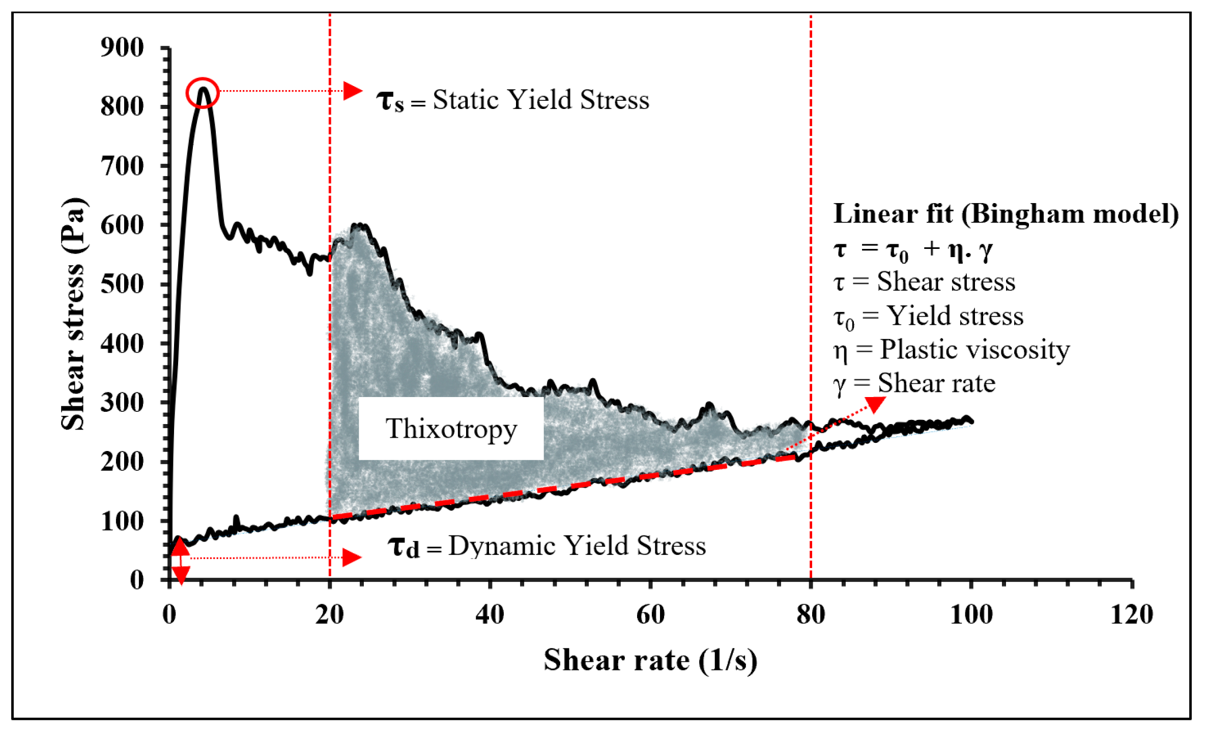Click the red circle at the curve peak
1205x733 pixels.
pyautogui.click(x=203, y=93)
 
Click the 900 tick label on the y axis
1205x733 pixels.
pyautogui.click(x=122, y=48)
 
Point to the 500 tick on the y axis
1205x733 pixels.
pyautogui.click(x=122, y=284)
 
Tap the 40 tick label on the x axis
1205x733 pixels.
pyautogui.click(x=490, y=614)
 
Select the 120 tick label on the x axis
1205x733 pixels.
pyautogui.click(x=1131, y=614)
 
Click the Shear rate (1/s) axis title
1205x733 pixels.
pyautogui.click(x=650, y=661)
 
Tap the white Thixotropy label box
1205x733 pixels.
pyautogui.click(x=451, y=429)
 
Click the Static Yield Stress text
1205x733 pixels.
pyautogui.click(x=540, y=100)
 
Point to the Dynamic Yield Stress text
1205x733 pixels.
pyautogui.click(x=577, y=546)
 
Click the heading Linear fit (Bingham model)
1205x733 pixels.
pyautogui.click(x=1006, y=214)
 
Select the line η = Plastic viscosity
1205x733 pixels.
pyautogui.click(x=951, y=350)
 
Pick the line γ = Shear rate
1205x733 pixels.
pyautogui.click(x=914, y=383)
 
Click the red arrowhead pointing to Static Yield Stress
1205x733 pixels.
pyautogui.click(x=352, y=91)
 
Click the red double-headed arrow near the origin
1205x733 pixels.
pyautogui.click(x=180, y=560)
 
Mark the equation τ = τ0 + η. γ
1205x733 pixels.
pyautogui.click(x=913, y=249)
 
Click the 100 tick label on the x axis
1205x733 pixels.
pyautogui.click(x=971, y=614)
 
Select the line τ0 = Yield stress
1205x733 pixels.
pyautogui.click(x=928, y=316)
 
